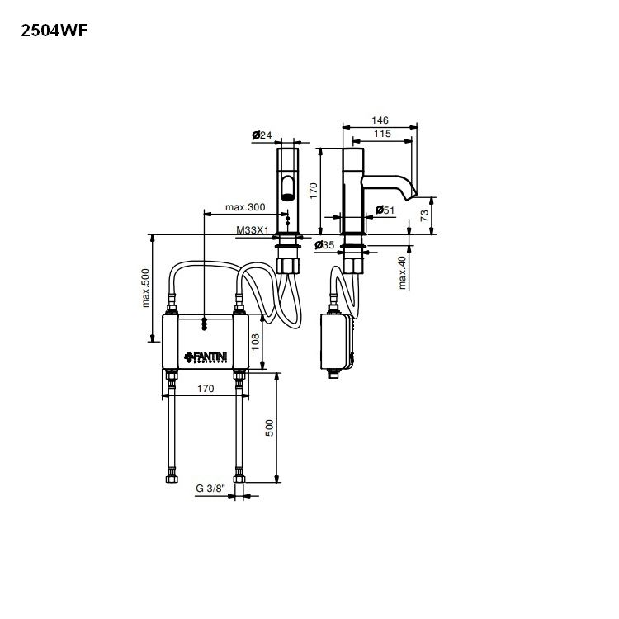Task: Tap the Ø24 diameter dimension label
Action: (262, 135)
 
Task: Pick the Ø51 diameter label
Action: (384, 210)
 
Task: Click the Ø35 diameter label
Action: (324, 245)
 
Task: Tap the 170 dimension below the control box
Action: (205, 388)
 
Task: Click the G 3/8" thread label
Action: (210, 489)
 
